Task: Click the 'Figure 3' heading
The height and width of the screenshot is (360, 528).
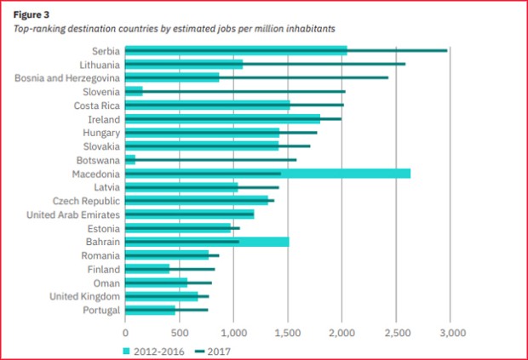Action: (32, 14)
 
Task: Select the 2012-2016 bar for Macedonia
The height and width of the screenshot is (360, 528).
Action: (267, 174)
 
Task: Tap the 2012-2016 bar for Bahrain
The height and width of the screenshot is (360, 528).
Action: (207, 242)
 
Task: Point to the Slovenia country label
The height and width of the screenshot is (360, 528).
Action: (100, 91)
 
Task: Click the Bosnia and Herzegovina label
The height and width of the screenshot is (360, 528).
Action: (67, 77)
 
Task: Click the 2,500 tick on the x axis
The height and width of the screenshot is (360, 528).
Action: (396, 332)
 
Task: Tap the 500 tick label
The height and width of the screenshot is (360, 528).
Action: (179, 332)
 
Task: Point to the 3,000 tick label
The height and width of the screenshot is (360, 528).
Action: (451, 332)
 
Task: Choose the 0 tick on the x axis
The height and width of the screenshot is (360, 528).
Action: (125, 332)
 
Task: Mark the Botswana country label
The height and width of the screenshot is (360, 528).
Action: (98, 160)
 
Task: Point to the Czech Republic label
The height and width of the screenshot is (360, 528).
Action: (86, 201)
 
